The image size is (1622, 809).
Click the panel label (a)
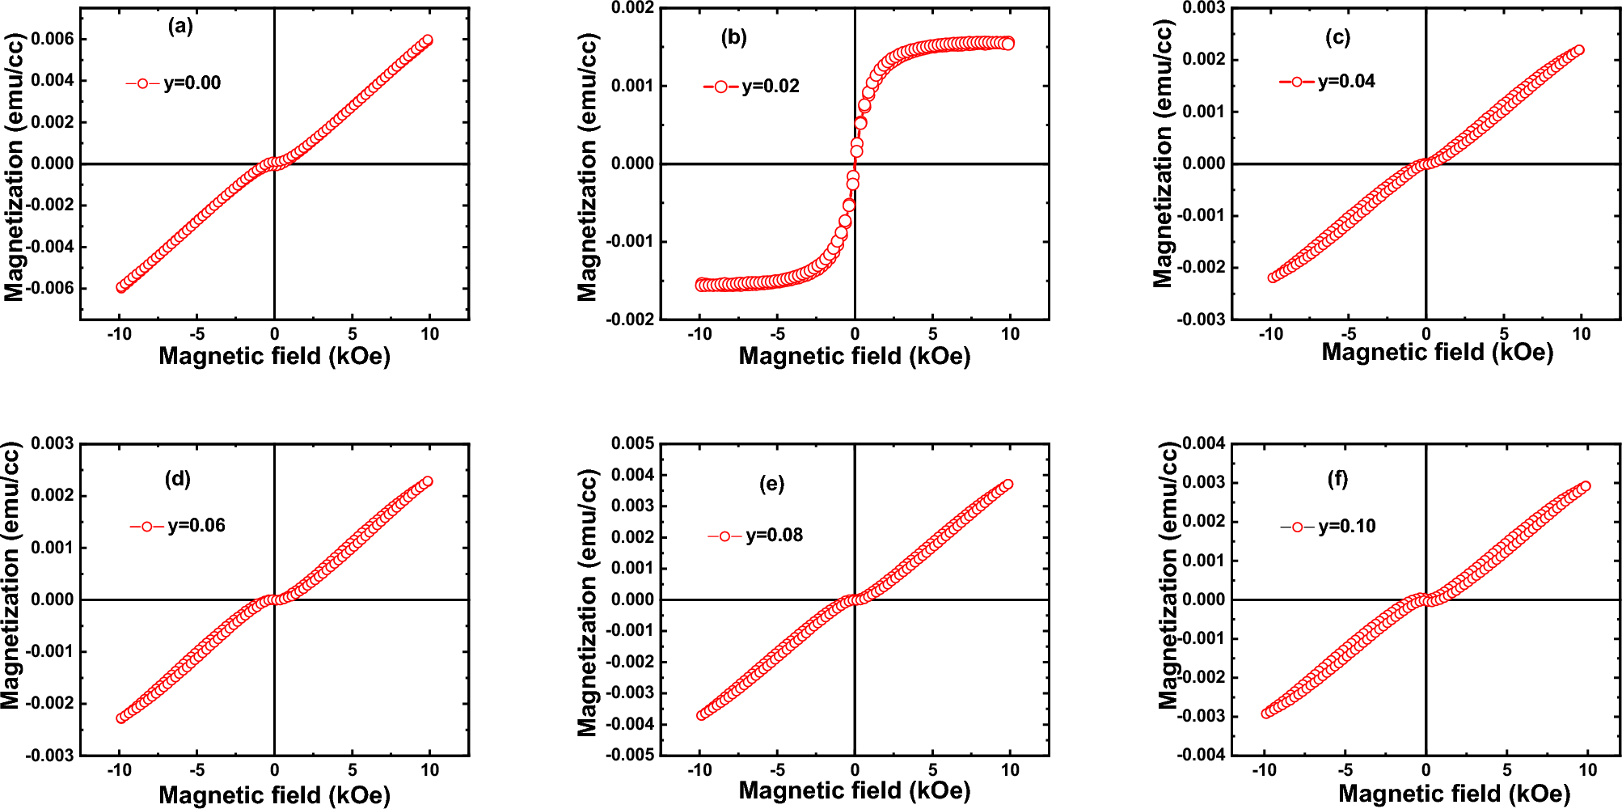[180, 27]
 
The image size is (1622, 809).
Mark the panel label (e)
[771, 484]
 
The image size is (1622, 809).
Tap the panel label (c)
[1337, 37]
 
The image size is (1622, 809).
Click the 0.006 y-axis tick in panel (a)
[53, 39]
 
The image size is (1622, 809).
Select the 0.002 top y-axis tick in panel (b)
[632, 8]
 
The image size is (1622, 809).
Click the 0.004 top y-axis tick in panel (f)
[1204, 443]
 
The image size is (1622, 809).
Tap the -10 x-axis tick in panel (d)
[120, 770]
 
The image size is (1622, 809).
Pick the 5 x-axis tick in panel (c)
[1503, 334]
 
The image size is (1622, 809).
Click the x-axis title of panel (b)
[854, 356]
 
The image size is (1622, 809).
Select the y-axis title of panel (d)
[11, 576]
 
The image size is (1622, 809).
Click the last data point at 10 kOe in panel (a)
[428, 40]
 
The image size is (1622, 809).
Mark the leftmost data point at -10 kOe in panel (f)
[1266, 714]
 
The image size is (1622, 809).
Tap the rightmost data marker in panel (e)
[1007, 485]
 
